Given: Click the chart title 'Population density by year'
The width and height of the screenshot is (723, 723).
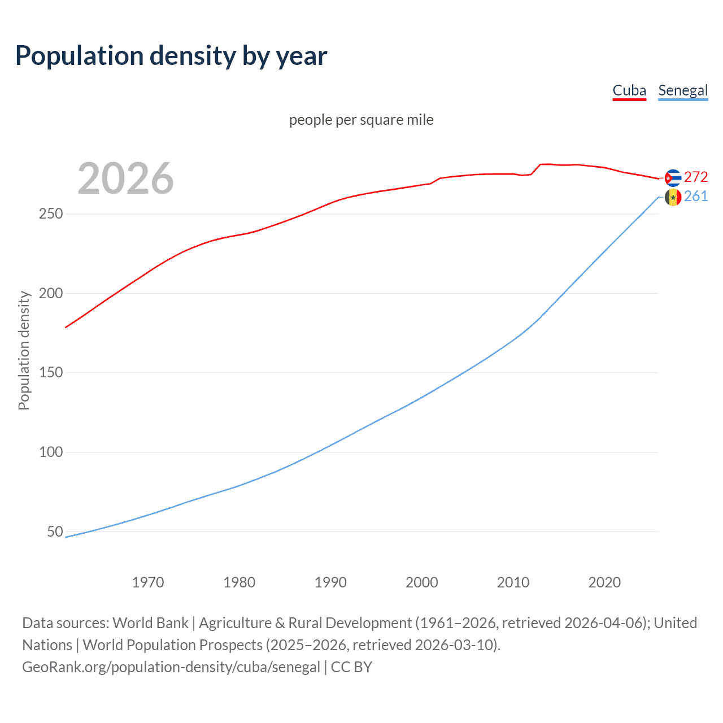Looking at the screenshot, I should point(171,56).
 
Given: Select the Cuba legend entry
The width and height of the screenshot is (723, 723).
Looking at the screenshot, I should point(629,90).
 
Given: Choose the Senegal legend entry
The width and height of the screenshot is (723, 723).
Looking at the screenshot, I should point(683,90).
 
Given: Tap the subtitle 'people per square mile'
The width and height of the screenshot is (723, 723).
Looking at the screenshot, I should point(361,120).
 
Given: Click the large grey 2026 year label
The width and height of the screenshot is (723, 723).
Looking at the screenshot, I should point(125,178).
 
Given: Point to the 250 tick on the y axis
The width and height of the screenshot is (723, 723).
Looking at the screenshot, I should point(51,214).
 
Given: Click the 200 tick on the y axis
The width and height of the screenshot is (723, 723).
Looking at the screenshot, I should point(51,293).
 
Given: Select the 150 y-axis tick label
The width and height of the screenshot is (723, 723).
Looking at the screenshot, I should point(51,373).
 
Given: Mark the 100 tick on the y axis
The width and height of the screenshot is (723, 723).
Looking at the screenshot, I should point(51,452).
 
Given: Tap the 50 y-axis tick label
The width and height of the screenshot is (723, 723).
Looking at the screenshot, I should point(55,532).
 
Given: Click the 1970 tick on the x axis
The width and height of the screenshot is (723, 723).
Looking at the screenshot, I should point(148,582).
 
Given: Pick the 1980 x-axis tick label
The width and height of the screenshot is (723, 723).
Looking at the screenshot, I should point(239,582).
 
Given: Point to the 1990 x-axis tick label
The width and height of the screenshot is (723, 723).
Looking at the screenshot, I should point(330,582).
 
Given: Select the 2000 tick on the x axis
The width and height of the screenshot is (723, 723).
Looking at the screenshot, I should point(422,582).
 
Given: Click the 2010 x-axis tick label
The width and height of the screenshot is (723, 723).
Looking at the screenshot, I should point(513,582).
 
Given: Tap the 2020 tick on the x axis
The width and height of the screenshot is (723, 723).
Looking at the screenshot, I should point(604,582).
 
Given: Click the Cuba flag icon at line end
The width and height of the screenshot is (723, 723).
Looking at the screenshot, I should point(673,178).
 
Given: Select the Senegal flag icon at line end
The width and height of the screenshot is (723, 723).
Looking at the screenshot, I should point(673,197).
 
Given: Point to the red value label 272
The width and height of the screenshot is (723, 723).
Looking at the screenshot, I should point(696,177).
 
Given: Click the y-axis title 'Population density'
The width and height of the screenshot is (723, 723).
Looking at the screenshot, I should point(24,350).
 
